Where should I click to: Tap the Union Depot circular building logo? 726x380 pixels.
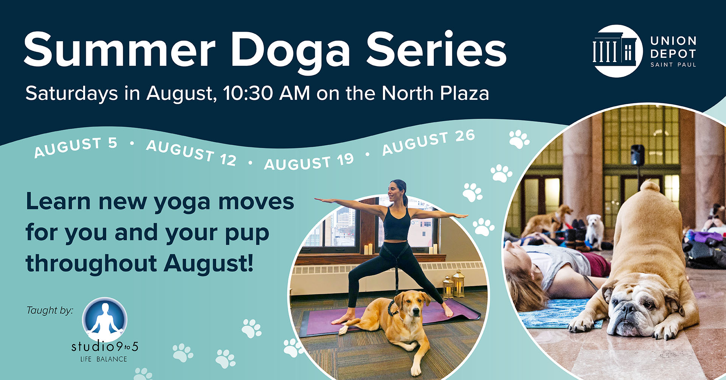pos(618,51)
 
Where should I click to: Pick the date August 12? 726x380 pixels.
pos(191,153)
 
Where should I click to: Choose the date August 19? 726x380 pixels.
pos(309,162)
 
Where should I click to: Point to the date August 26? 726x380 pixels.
pos(428,142)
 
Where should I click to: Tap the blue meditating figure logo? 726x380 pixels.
pos(105,320)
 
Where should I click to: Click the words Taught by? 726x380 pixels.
pos(50,310)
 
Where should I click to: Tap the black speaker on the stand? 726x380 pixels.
pos(638,155)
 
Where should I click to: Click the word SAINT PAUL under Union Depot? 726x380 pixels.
pos(673,65)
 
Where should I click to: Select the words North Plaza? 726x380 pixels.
pos(435,93)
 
